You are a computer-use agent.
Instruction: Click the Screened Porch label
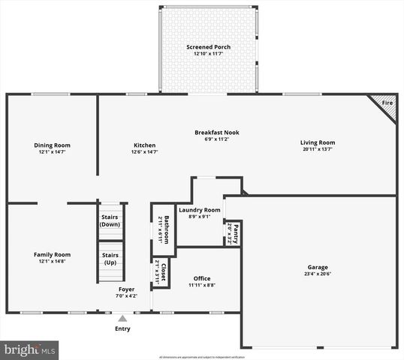[x=208, y=47]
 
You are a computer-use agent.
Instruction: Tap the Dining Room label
[x=52, y=145]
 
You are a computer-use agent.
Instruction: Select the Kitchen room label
[x=144, y=145]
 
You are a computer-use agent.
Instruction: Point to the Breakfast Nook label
[x=216, y=133]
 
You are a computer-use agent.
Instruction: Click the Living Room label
[x=318, y=142]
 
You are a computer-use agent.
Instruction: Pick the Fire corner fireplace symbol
[x=385, y=105]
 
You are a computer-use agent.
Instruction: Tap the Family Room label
[x=52, y=255]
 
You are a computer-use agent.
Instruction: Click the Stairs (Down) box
[x=110, y=221]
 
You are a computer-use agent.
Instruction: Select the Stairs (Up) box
[x=110, y=259]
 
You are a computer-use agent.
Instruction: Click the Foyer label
[x=127, y=289]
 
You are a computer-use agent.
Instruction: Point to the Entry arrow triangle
[x=122, y=318]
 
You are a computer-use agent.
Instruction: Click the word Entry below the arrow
[x=122, y=328]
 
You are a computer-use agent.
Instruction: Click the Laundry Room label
[x=199, y=210]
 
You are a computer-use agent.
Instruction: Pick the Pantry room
[x=233, y=233]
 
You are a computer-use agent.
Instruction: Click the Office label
[x=202, y=278]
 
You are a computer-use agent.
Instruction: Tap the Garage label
[x=318, y=267]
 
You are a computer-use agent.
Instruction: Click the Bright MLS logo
[x=30, y=349]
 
